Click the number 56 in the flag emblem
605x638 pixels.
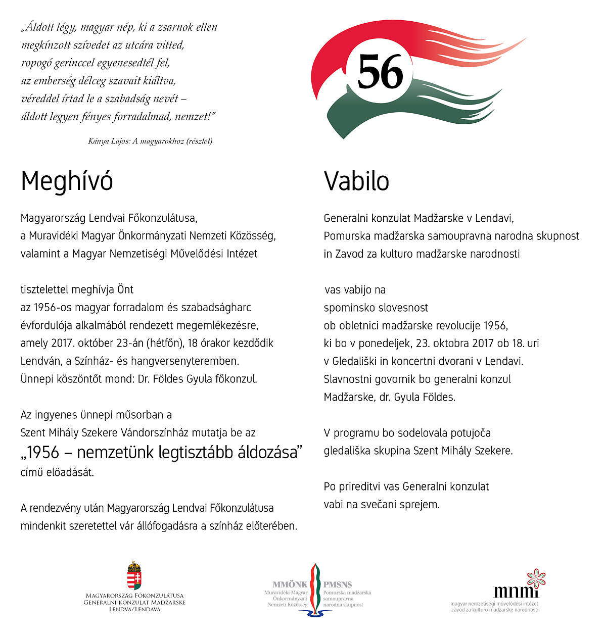[x=380, y=72]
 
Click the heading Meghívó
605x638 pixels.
[x=67, y=181]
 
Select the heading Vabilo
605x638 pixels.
[x=356, y=181]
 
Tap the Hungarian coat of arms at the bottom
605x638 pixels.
[x=134, y=575]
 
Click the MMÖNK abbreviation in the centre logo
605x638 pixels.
[x=290, y=584]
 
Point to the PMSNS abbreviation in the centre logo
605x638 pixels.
[x=338, y=584]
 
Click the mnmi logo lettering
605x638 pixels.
[x=513, y=591]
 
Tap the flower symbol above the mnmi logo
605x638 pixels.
[x=536, y=577]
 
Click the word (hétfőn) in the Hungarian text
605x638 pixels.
[x=165, y=343]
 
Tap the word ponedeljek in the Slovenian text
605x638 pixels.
[x=385, y=343]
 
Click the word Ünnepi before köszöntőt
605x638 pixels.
[x=37, y=379]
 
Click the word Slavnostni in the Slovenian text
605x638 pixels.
[x=348, y=379]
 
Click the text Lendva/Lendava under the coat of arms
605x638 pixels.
[x=134, y=609]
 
